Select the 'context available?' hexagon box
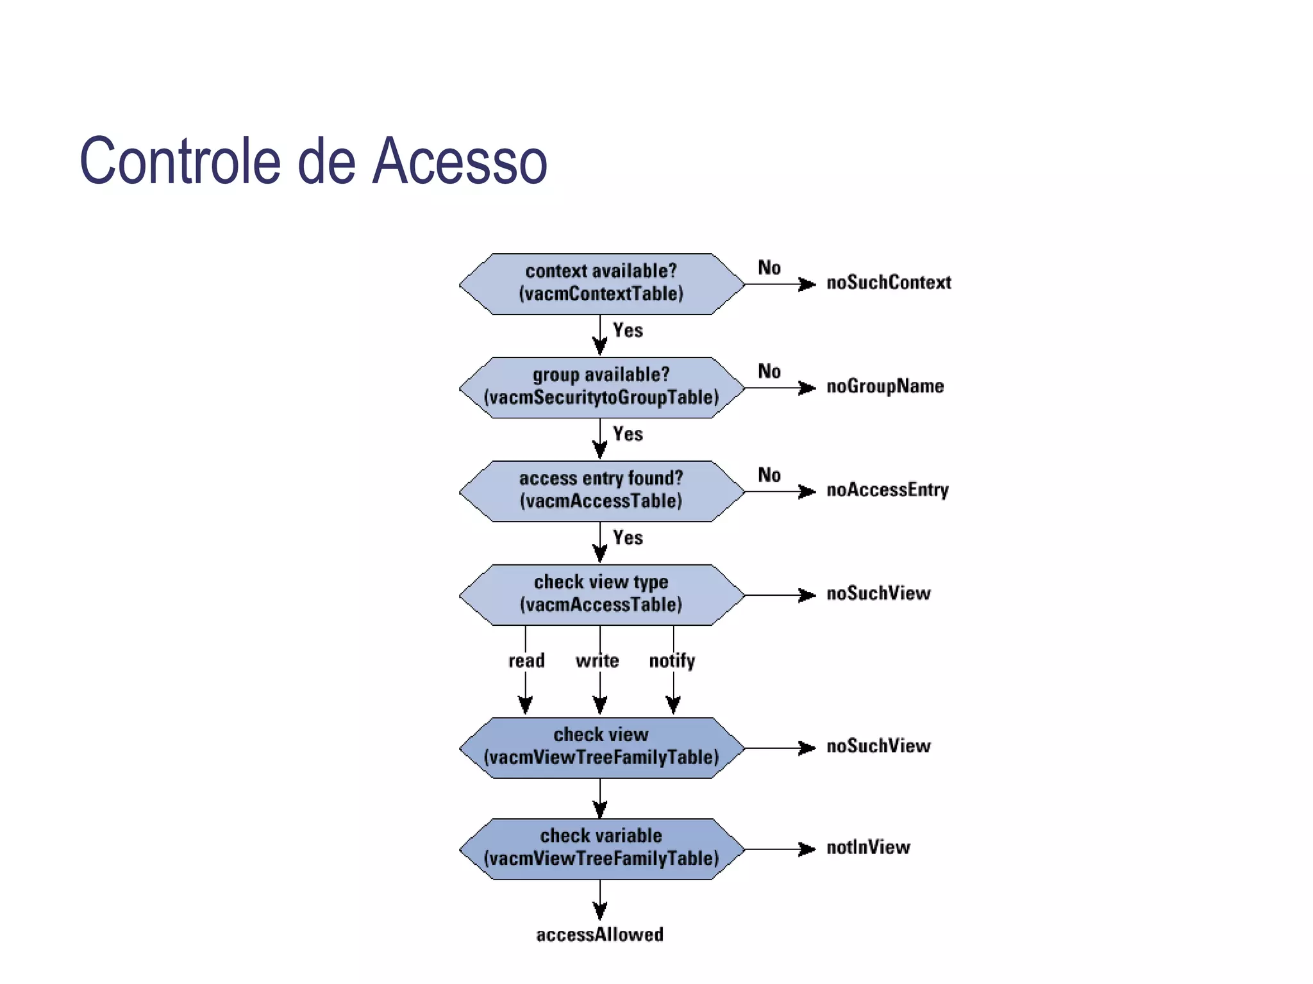tap(601, 284)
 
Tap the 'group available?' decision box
tap(601, 388)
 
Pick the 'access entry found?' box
tap(601, 491)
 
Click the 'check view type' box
tap(601, 594)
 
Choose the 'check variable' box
tap(601, 848)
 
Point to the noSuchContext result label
tap(888, 283)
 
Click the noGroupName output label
tap(885, 386)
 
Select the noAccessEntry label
tap(887, 490)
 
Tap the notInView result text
tap(868, 848)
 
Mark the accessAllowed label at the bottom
tap(599, 935)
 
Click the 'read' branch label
tap(526, 660)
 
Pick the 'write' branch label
tap(597, 660)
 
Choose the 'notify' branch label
tap(672, 660)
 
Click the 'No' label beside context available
tap(769, 268)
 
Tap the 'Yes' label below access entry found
tap(628, 537)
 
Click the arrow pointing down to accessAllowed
tap(600, 900)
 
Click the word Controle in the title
tap(180, 161)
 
